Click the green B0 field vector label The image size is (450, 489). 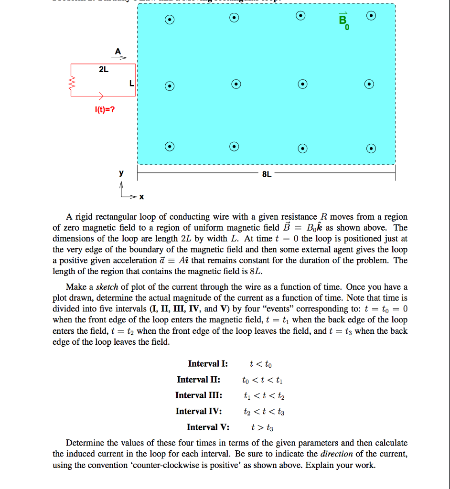(x=343, y=22)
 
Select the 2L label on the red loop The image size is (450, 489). (x=103, y=70)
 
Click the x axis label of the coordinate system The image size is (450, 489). (x=141, y=197)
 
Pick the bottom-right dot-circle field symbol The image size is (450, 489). (x=370, y=148)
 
